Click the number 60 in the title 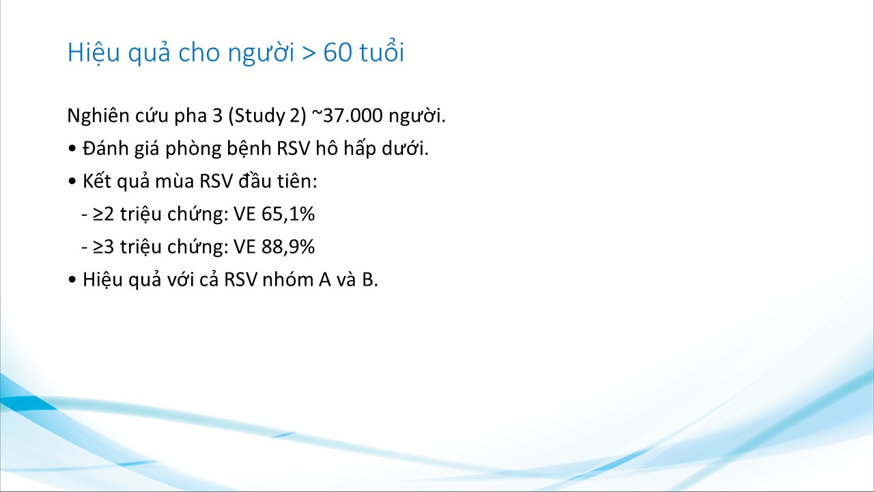click(337, 53)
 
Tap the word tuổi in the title click(382, 51)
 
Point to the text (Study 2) click(267, 116)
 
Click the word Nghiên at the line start click(99, 116)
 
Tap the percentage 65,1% click(288, 214)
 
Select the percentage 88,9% click(288, 247)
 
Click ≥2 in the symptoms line click(103, 215)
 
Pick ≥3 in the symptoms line click(103, 247)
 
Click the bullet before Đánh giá click(72, 149)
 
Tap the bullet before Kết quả click(72, 182)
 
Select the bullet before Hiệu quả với click(72, 280)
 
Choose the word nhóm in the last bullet click(288, 279)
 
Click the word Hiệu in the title click(94, 53)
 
